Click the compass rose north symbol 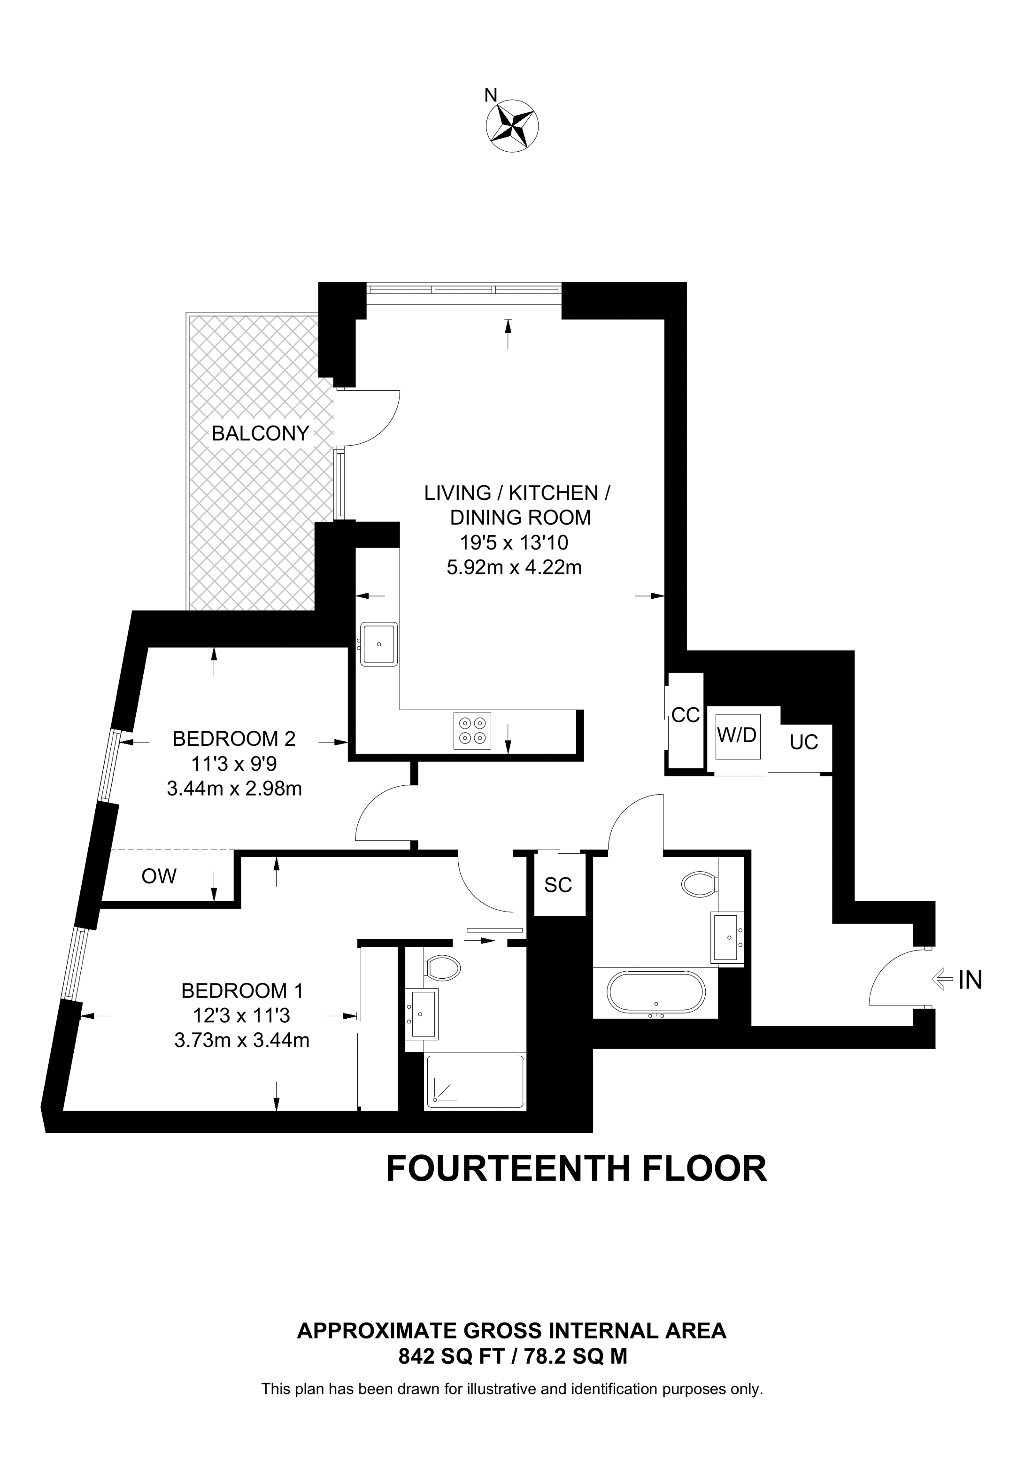tap(512, 125)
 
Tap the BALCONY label tap(260, 433)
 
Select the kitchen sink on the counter tap(379, 644)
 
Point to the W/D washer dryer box tap(737, 735)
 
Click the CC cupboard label tap(686, 715)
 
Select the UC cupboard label tap(803, 743)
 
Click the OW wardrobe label tap(159, 876)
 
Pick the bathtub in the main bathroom tap(655, 993)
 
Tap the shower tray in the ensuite tap(474, 1082)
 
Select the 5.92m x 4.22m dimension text tap(514, 567)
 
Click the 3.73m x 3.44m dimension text tap(242, 1040)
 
